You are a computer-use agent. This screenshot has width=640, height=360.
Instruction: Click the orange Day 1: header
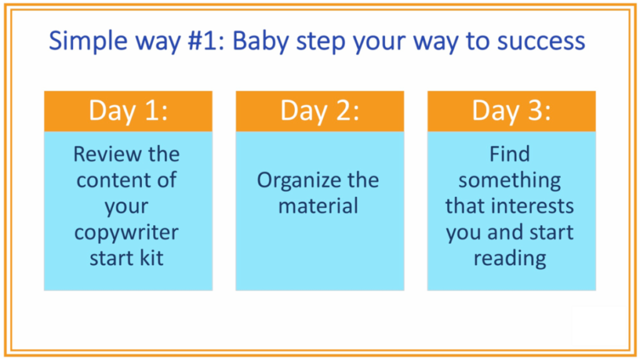pos(128,111)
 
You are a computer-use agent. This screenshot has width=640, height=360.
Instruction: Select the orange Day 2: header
pos(320,111)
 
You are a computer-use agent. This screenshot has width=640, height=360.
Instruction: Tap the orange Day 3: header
pos(511,111)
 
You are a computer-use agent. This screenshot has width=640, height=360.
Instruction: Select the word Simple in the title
pos(88,41)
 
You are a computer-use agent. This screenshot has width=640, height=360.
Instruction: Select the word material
pos(318,206)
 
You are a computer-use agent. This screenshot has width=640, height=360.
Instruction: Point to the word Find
pos(510,154)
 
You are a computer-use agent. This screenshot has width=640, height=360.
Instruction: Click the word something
pos(510,181)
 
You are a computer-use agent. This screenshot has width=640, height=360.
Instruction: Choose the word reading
pos(510,259)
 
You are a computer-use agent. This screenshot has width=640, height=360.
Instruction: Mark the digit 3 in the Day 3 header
pos(534,110)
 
